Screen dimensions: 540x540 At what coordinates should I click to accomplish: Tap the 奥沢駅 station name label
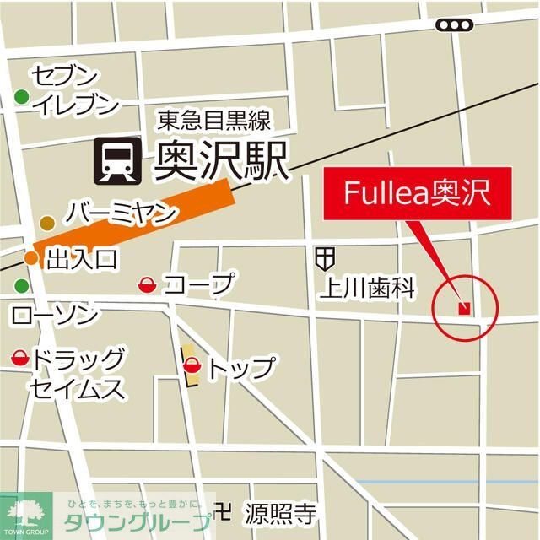(x=221, y=161)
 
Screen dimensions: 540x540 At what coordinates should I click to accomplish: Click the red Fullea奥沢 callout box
(x=415, y=192)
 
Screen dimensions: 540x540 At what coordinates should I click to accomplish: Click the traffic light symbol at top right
(x=454, y=25)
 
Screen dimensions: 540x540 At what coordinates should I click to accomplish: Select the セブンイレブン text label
(x=73, y=90)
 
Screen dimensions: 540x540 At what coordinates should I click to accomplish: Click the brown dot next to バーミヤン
(x=47, y=223)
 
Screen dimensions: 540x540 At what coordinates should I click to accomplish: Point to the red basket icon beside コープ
(x=147, y=286)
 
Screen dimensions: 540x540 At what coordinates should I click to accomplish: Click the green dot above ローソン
(x=21, y=286)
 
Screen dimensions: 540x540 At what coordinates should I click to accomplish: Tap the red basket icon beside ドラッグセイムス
(x=19, y=360)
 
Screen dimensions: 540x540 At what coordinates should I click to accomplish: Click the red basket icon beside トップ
(x=192, y=366)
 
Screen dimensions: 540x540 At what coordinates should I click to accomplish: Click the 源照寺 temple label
(x=280, y=512)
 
